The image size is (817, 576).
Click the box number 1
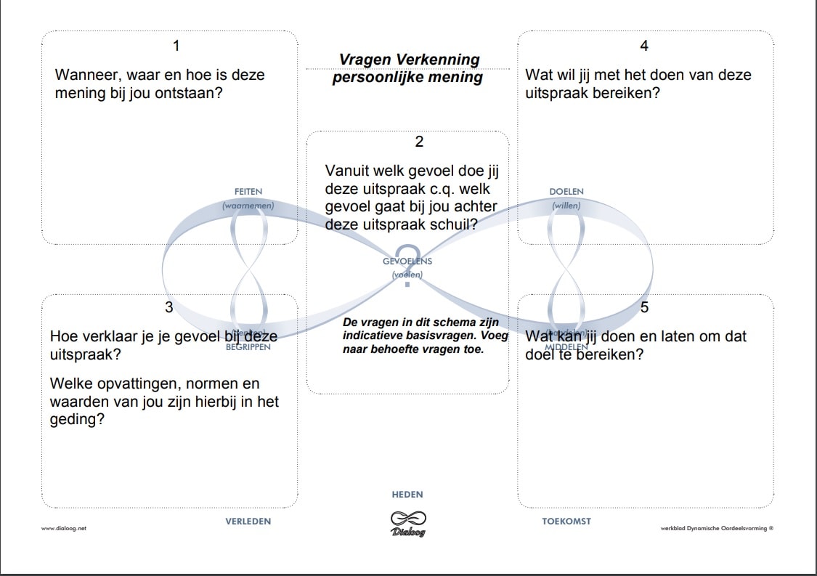pyautogui.click(x=176, y=46)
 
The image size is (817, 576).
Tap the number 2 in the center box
pyautogui.click(x=419, y=142)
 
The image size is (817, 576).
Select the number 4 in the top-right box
pyautogui.click(x=644, y=46)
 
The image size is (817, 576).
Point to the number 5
pyautogui.click(x=644, y=307)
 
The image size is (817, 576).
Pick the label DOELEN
pyautogui.click(x=566, y=191)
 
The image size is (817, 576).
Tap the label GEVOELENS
pyautogui.click(x=407, y=261)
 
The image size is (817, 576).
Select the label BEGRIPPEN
pyautogui.click(x=248, y=347)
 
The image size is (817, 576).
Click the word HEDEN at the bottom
pyautogui.click(x=407, y=495)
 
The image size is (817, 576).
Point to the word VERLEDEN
pyautogui.click(x=248, y=521)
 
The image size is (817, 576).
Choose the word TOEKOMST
pyautogui.click(x=566, y=521)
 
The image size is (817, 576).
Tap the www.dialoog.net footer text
pyautogui.click(x=64, y=529)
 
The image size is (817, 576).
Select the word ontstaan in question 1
pyautogui.click(x=192, y=93)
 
